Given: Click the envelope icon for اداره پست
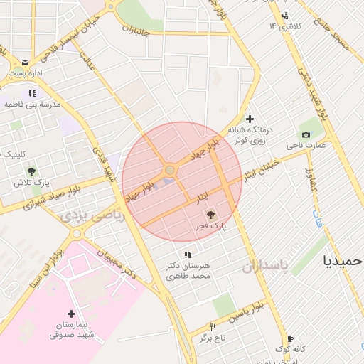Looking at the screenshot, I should click(26, 62).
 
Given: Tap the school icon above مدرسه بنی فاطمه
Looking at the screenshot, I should click(32, 93).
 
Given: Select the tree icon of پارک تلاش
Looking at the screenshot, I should click(31, 171).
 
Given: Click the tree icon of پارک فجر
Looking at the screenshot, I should click(210, 214).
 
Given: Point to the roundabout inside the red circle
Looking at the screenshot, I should click(169, 171).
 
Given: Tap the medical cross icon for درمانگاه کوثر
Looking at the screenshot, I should click(249, 119).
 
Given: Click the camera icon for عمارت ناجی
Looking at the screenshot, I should click(306, 134).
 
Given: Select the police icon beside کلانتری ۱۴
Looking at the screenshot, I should click(285, 16).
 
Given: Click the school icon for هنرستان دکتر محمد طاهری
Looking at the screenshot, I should click(188, 255).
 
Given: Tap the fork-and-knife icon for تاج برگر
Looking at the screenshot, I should click(212, 327).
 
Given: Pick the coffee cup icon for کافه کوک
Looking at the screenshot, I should click(290, 338).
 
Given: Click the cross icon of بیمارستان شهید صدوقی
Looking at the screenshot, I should click(71, 314).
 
